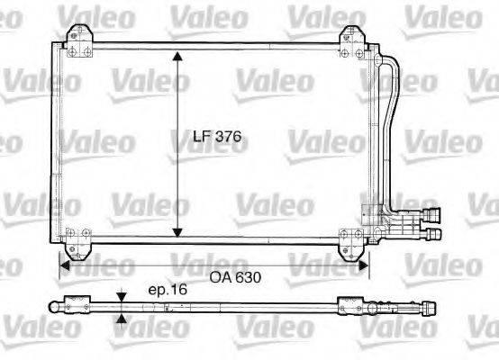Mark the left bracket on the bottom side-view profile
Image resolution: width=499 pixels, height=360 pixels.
pyautogui.click(x=76, y=305)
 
